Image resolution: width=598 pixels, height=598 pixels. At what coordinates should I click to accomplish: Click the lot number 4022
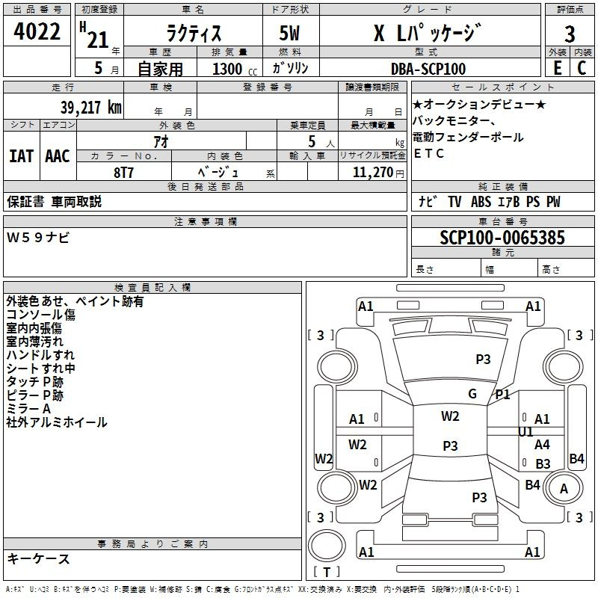click(x=37, y=31)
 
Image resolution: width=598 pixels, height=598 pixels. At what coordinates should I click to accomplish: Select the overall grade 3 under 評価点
click(x=570, y=34)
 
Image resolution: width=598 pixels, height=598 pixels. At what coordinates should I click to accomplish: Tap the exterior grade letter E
click(x=558, y=67)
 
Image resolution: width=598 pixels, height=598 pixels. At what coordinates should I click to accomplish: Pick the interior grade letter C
click(x=582, y=67)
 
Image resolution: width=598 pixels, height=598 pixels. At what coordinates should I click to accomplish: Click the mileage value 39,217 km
click(x=91, y=108)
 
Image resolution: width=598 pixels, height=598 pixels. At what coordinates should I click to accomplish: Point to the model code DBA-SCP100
click(x=428, y=69)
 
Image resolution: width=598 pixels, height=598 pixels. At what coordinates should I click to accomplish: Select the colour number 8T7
click(x=123, y=173)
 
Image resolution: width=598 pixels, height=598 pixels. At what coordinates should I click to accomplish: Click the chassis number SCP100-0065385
click(x=502, y=238)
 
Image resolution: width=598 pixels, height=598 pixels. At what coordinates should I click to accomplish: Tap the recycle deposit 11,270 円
click(x=378, y=173)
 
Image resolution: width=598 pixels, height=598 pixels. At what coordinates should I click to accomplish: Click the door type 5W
click(x=289, y=33)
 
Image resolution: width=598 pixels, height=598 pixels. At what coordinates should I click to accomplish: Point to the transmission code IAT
click(x=22, y=156)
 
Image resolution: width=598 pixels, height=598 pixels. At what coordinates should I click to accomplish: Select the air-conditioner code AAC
click(x=58, y=156)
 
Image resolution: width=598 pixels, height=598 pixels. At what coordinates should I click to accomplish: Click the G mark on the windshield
click(x=472, y=393)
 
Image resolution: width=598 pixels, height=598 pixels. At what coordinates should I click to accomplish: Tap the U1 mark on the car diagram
click(x=525, y=432)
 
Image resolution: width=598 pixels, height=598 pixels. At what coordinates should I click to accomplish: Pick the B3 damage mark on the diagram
click(x=543, y=463)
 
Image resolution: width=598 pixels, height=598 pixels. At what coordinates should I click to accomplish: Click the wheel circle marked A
click(x=564, y=488)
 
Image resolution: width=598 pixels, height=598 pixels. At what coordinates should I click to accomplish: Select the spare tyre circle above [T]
click(x=327, y=546)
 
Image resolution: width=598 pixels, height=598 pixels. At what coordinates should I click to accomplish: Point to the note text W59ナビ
click(x=38, y=238)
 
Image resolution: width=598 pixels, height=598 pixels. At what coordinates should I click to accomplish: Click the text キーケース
click(x=38, y=559)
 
